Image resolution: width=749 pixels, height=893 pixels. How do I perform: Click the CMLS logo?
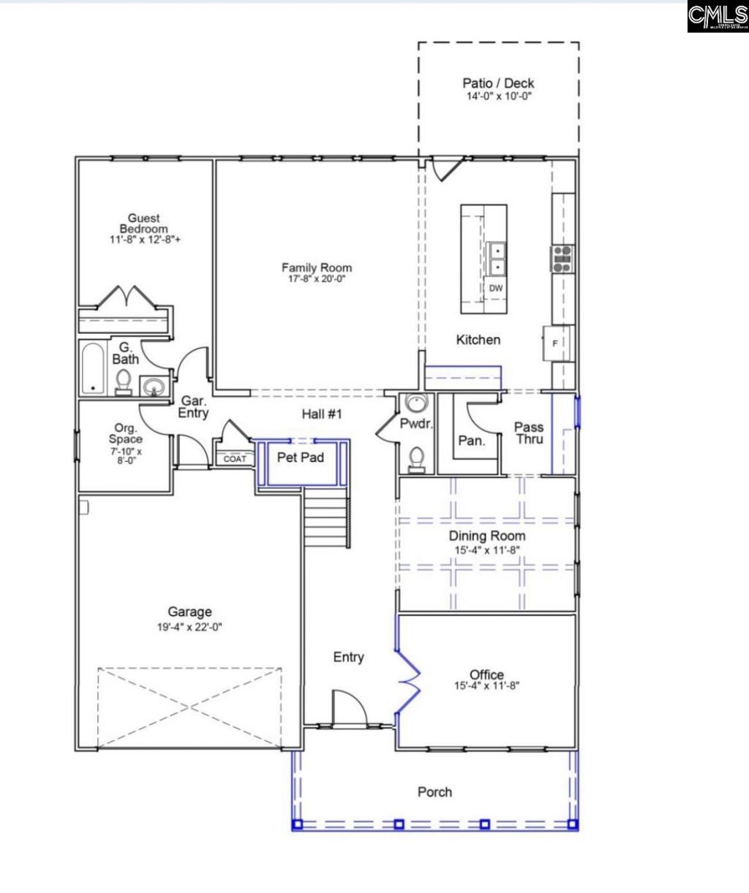point(717,16)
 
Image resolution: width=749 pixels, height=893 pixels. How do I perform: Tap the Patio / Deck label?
point(498,83)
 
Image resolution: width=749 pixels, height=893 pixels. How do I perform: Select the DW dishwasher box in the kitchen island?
point(496,288)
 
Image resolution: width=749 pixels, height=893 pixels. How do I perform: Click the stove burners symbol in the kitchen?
point(562,259)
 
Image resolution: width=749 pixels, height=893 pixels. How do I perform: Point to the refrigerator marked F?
point(554,343)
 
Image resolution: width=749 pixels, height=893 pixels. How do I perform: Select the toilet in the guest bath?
point(124,381)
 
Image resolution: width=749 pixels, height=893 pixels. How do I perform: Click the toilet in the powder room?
point(417,458)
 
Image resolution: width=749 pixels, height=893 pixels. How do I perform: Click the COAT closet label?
point(235,459)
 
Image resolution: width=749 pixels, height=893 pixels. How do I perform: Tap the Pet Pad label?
point(300,458)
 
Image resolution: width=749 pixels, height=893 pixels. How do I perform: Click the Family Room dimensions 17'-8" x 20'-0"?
point(317,279)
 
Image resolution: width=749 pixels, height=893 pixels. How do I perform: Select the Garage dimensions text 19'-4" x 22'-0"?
point(189,626)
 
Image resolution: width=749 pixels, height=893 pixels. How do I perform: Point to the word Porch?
point(434,791)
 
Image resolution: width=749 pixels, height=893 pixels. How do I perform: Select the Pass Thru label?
point(528,433)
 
